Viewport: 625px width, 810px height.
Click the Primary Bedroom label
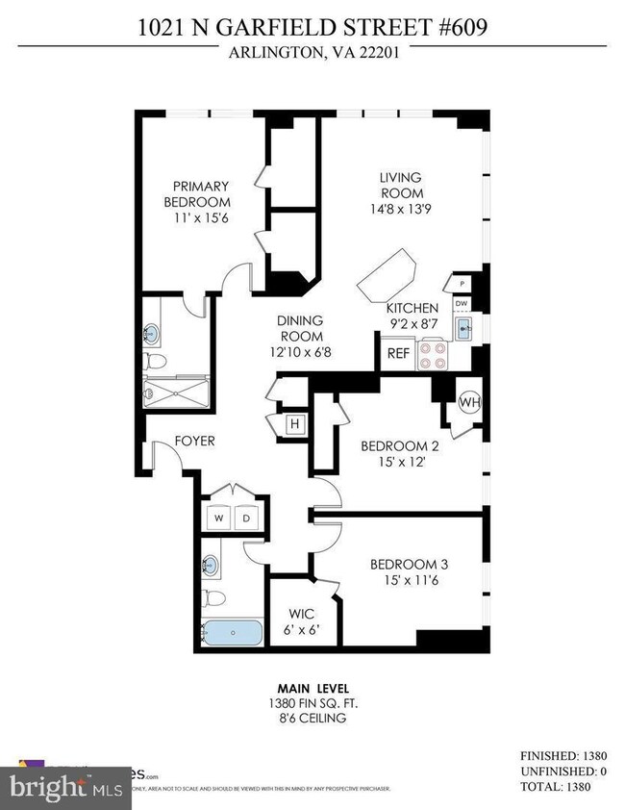(201, 193)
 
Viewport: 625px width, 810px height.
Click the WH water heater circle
(468, 401)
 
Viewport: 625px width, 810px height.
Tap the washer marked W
(218, 518)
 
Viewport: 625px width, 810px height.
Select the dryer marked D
(244, 518)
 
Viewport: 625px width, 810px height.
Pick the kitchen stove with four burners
(437, 357)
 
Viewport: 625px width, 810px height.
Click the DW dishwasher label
(462, 304)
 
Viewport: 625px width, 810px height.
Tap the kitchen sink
(462, 330)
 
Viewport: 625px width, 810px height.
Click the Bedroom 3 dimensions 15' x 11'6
(410, 580)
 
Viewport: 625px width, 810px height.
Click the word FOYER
(194, 442)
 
